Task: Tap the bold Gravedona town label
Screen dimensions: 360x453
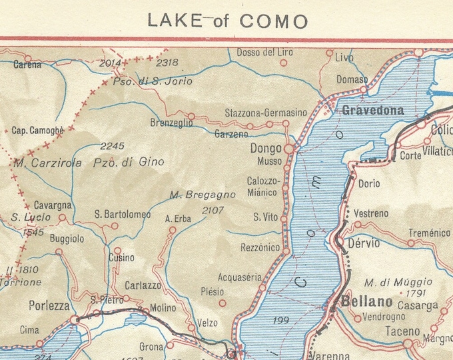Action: (x=373, y=111)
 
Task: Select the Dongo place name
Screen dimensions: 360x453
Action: (x=266, y=149)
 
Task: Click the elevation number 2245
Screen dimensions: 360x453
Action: (x=113, y=146)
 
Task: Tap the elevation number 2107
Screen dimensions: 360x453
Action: (x=213, y=210)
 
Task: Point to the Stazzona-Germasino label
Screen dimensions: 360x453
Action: (x=266, y=113)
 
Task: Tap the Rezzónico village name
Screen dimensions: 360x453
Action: (x=259, y=247)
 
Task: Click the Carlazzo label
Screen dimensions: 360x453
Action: (x=143, y=285)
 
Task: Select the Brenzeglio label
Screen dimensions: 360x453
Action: (x=171, y=123)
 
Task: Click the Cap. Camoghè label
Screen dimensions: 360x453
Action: (x=38, y=131)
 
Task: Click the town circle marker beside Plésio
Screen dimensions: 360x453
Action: (x=223, y=303)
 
